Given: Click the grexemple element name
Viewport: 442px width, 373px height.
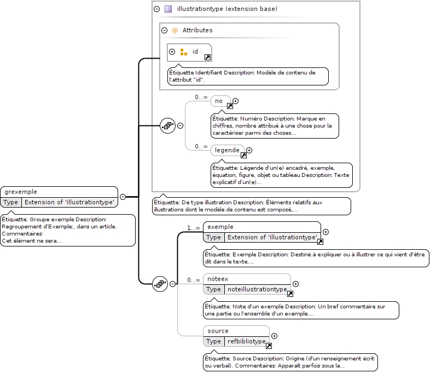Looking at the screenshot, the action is [21, 192].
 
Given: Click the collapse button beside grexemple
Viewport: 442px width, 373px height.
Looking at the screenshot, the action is [123, 197].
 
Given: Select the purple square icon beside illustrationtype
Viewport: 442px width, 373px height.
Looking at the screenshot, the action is [168, 9].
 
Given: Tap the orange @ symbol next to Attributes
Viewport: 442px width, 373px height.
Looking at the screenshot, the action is [175, 31].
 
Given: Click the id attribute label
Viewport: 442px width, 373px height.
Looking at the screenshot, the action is [195, 51].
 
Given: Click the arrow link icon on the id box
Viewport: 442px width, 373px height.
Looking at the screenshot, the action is [207, 58].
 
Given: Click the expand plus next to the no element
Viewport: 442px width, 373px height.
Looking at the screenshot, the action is [236, 101].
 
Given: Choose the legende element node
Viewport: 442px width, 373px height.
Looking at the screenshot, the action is [228, 150].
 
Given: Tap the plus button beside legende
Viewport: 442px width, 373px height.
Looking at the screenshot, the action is [249, 151].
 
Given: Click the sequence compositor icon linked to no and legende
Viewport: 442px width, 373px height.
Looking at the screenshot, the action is [168, 126].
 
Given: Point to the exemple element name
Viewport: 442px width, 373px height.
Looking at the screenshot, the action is [220, 227].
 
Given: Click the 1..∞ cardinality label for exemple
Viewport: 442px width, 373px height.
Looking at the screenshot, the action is [194, 228].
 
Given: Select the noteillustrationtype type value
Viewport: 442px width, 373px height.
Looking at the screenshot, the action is [257, 289].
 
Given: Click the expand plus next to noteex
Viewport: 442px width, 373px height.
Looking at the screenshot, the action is [296, 284].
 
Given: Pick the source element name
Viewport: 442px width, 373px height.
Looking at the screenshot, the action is [218, 331].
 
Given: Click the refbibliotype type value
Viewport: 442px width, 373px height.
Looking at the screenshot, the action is [246, 341].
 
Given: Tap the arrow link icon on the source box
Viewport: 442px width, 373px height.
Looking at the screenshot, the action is [269, 346].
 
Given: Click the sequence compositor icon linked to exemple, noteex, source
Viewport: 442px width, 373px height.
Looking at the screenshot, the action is [160, 284].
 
